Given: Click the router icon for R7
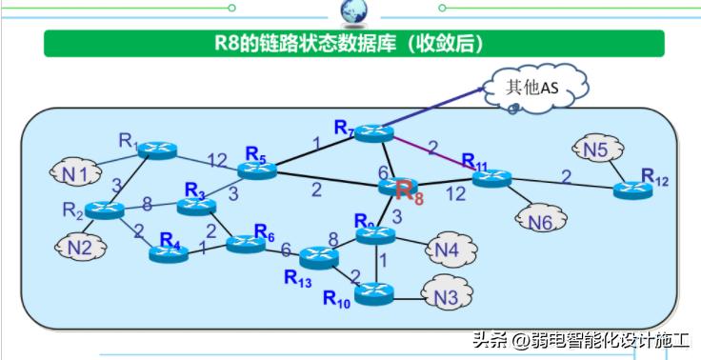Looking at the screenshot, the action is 374,133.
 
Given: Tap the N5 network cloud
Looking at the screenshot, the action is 596,150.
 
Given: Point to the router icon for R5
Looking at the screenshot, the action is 257,170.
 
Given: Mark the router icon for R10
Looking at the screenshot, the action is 374,293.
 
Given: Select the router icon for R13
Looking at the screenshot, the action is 319,257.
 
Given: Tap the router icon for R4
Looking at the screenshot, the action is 170,253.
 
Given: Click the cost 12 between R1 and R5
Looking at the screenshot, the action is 217,160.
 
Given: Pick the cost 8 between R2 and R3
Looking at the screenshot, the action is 148,203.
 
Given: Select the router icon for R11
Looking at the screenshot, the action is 491,178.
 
